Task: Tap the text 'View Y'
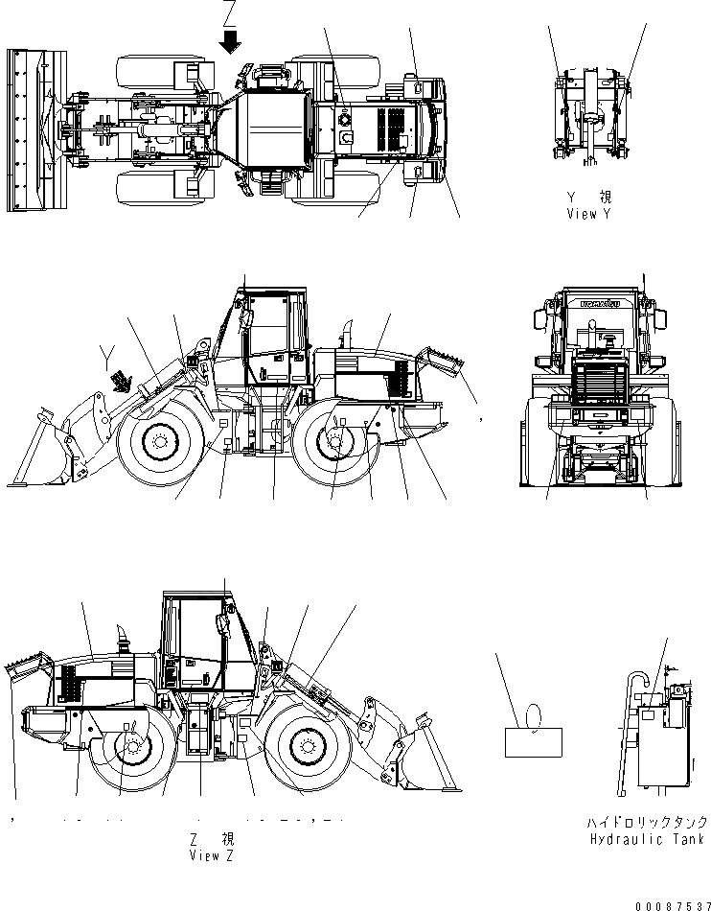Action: pyautogui.click(x=587, y=213)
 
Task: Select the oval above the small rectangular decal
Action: pyautogui.click(x=535, y=714)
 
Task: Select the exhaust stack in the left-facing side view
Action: pyautogui.click(x=350, y=331)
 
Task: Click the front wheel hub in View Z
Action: pyautogui.click(x=305, y=744)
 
